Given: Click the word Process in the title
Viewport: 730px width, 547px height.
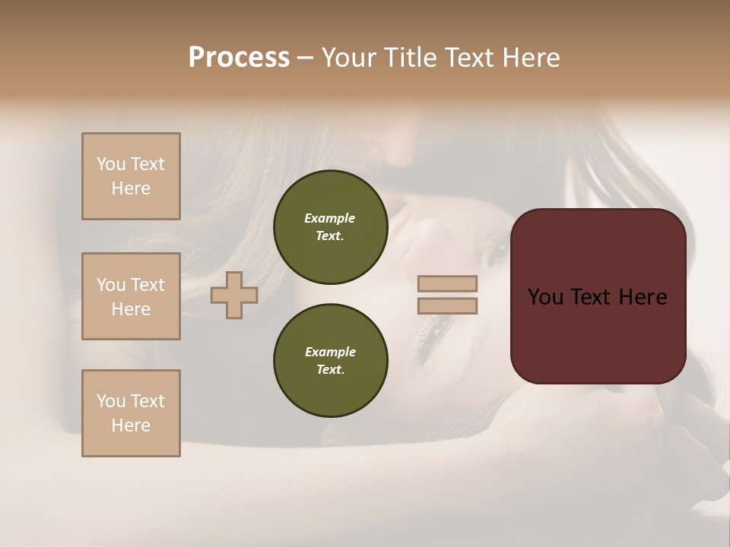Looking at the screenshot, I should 239,58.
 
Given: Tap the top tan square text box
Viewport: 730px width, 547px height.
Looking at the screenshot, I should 131,176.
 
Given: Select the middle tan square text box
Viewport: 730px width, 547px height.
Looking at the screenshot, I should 131,296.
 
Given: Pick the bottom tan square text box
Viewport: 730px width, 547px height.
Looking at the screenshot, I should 131,413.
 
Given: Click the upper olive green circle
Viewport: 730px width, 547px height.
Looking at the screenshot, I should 330,227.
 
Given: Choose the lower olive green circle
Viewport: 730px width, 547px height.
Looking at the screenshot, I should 330,361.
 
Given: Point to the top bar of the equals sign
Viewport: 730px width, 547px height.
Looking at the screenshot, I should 448,284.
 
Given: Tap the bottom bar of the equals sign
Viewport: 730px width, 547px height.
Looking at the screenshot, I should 448,306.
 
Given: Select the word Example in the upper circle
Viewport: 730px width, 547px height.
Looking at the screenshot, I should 330,218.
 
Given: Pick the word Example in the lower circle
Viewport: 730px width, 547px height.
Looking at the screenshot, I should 330,352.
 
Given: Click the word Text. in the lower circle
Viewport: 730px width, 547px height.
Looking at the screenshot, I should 330,370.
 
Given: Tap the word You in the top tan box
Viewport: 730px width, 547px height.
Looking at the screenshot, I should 111,164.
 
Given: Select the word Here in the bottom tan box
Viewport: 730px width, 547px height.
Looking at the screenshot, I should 131,425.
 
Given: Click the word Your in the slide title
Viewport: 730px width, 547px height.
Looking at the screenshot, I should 348,58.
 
